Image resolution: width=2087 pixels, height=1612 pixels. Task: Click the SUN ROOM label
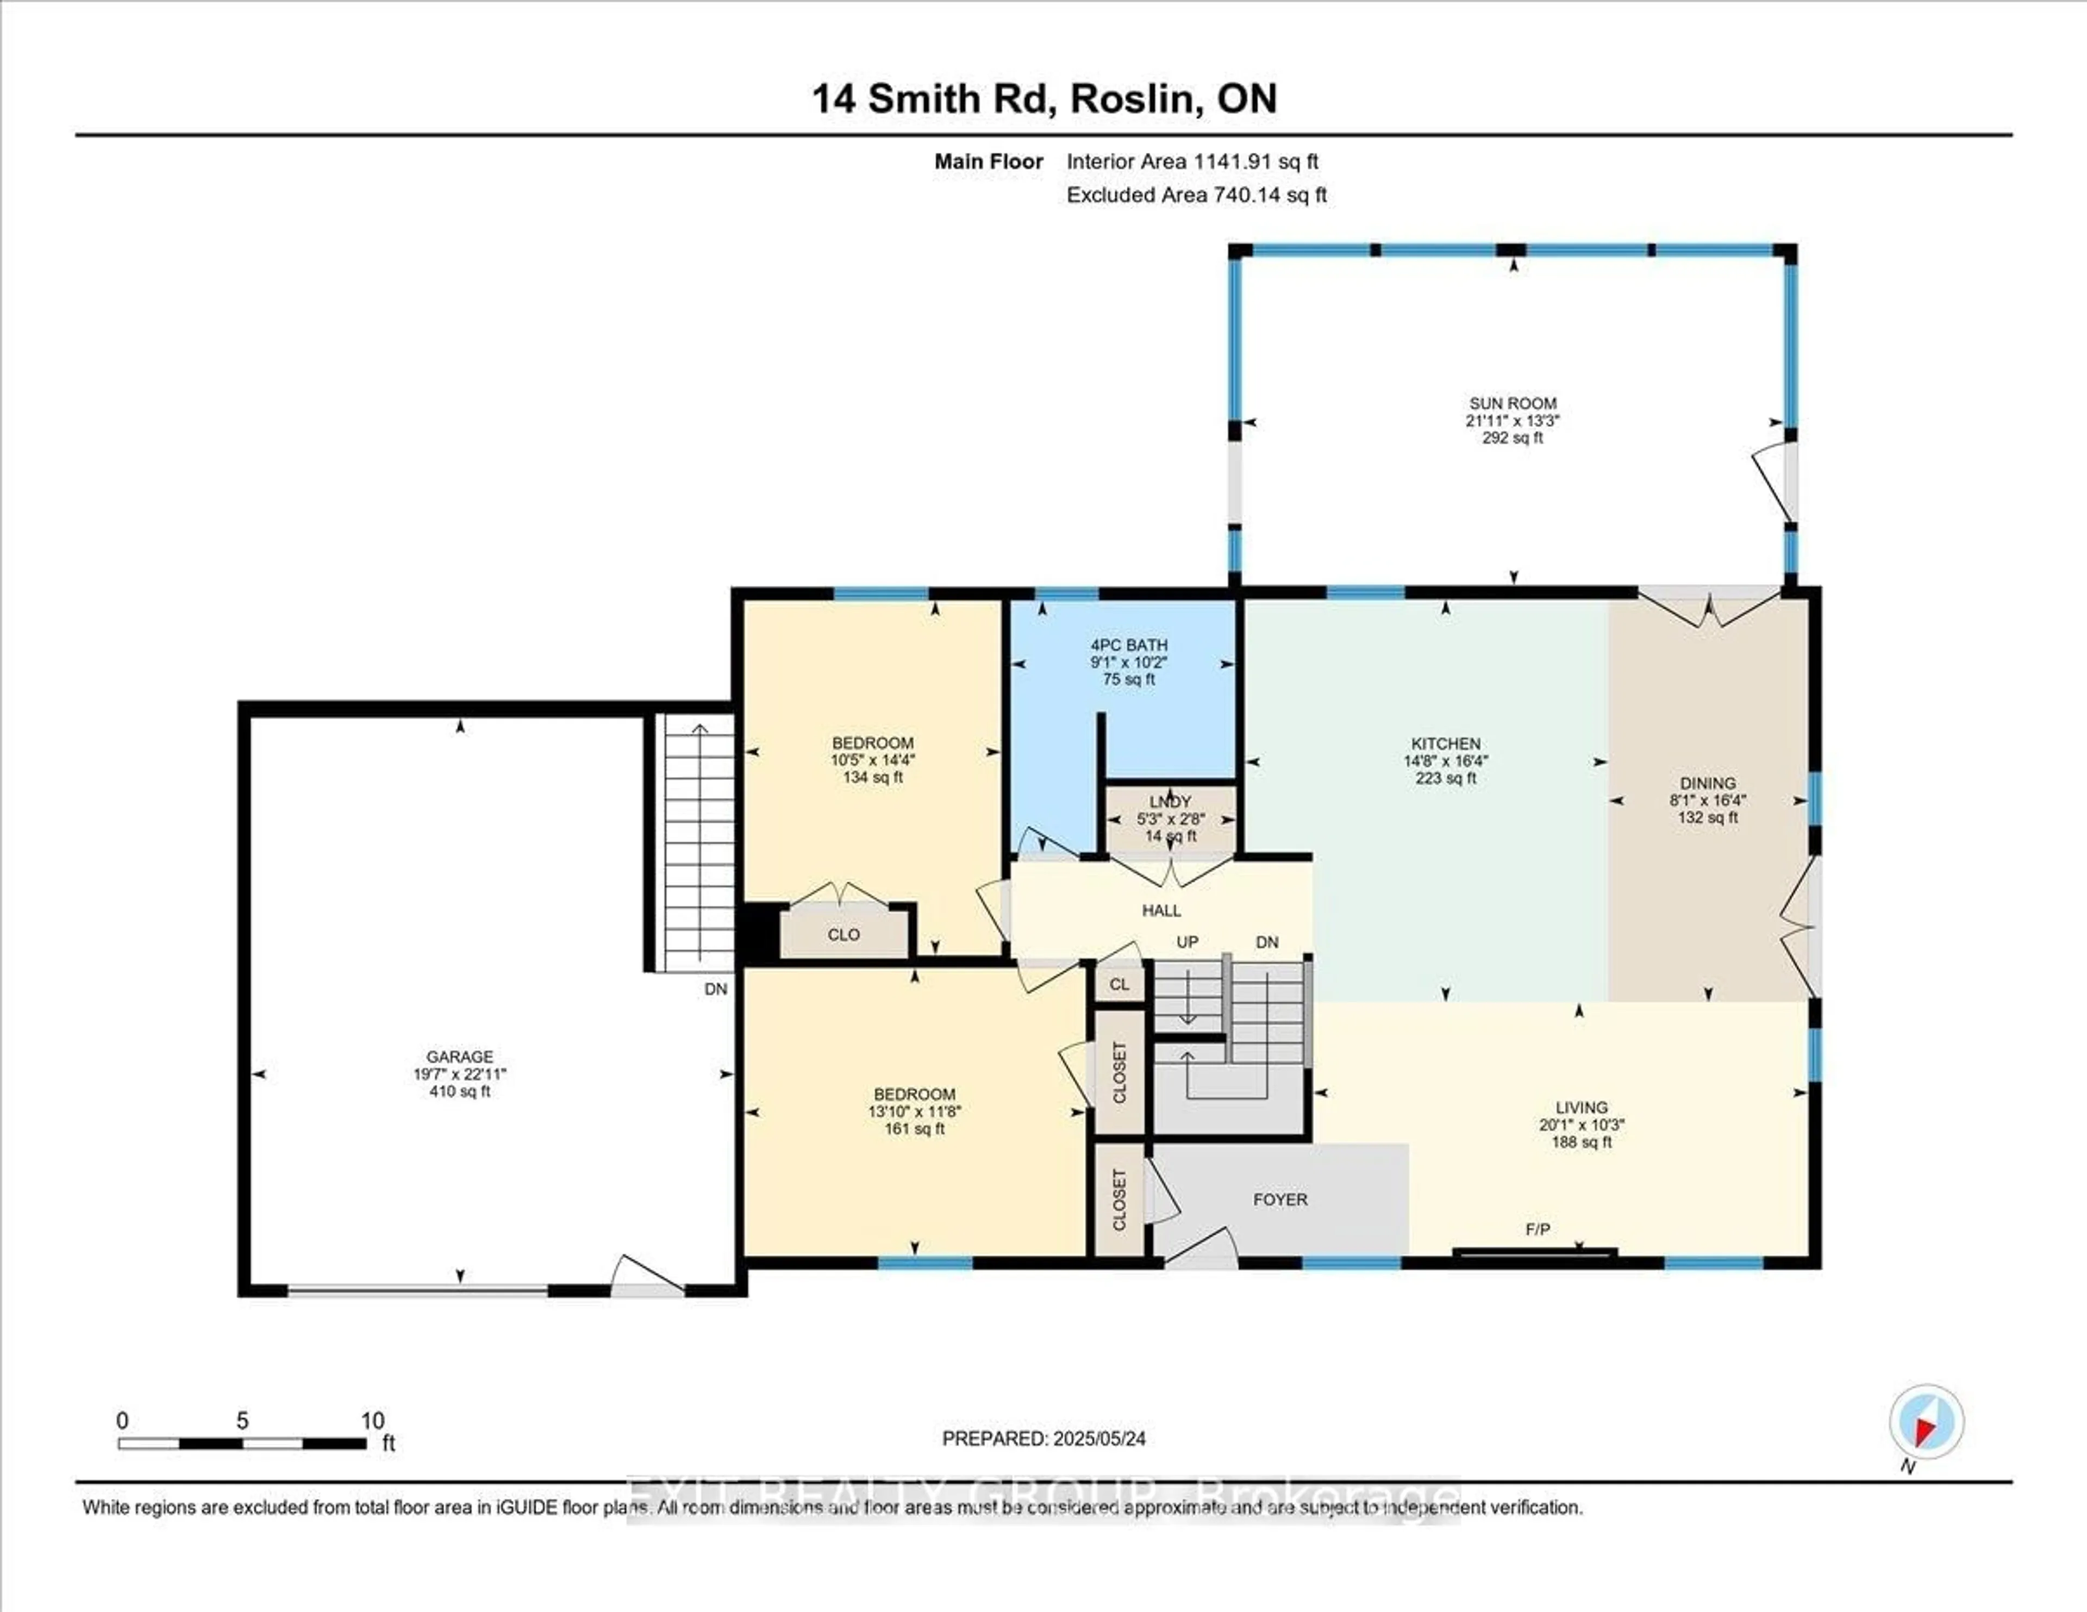coord(1513,403)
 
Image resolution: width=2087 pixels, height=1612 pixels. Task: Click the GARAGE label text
coord(460,1057)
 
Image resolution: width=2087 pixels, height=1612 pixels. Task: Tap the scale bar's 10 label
coord(373,1421)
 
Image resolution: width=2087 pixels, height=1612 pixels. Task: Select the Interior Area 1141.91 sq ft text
coord(1192,161)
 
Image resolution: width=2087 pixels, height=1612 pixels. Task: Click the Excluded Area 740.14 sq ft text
coord(1196,195)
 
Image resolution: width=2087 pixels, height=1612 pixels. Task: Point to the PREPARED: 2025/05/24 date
coord(1043,1438)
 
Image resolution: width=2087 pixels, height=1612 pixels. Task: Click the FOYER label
coord(1279,1199)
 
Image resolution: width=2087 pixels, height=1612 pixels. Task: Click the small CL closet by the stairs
coord(1119,984)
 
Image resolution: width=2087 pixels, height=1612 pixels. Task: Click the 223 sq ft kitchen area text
coord(1446,778)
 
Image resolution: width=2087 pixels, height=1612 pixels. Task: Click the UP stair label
coord(1187,942)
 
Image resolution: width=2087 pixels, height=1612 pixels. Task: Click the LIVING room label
coord(1580,1108)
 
